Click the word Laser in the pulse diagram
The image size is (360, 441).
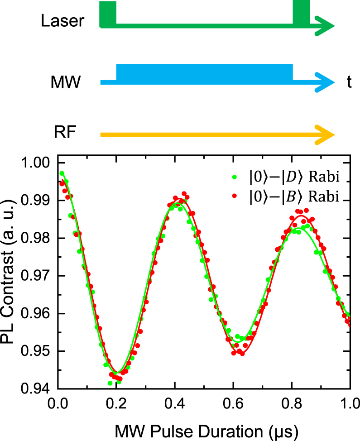click(x=62, y=21)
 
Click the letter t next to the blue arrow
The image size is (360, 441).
click(x=349, y=82)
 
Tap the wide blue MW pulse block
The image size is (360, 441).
click(x=204, y=72)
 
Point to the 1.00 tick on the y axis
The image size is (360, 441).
click(x=39, y=163)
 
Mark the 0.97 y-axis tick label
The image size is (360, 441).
click(x=39, y=276)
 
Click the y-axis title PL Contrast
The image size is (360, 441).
click(x=12, y=275)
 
